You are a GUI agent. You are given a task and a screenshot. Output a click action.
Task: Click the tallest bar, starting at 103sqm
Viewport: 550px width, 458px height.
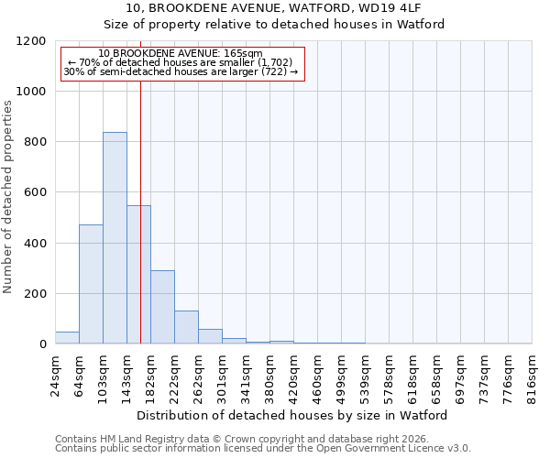coord(115,238)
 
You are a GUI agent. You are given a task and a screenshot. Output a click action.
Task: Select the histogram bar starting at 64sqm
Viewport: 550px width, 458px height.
coord(91,284)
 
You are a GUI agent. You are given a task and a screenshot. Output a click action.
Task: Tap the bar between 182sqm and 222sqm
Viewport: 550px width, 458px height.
coord(162,307)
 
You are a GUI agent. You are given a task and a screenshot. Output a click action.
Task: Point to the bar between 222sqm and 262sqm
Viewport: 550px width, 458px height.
coord(186,327)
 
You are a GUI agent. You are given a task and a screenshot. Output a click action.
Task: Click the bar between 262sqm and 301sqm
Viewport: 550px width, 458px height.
coord(210,336)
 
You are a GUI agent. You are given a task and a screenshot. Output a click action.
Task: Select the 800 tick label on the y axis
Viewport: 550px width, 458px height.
coord(36,142)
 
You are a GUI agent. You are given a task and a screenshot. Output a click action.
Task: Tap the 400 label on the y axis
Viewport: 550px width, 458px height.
coord(36,244)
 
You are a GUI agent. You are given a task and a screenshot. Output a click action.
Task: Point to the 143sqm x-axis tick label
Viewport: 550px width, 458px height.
coord(127,373)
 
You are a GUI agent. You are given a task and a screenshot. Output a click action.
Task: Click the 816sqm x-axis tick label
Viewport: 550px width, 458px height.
coord(533,373)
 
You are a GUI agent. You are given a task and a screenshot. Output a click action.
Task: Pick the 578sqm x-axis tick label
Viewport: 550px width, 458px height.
coord(390,373)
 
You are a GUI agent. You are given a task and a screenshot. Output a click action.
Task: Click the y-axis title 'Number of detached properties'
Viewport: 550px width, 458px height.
coord(8,197)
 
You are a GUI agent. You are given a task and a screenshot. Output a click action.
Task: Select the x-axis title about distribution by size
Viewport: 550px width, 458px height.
coord(292,415)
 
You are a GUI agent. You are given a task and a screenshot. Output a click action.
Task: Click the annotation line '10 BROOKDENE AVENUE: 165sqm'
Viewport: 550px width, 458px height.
coord(181,54)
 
